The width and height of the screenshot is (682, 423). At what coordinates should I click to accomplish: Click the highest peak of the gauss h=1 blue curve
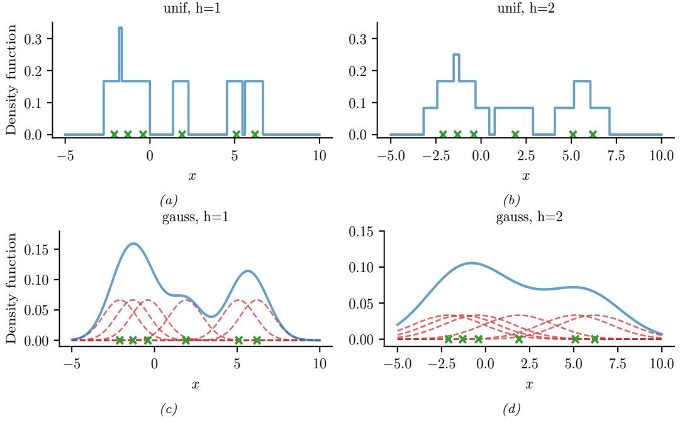133,244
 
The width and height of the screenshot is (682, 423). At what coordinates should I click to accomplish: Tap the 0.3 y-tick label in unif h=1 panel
35,39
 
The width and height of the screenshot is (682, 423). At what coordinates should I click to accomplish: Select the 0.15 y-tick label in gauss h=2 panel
364,231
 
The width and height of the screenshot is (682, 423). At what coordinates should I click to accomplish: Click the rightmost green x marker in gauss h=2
595,339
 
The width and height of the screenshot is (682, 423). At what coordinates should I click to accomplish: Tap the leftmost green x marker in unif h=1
114,134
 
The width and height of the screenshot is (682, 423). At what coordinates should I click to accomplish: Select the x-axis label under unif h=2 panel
526,177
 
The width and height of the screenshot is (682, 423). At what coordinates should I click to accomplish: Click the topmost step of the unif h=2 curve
457,55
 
